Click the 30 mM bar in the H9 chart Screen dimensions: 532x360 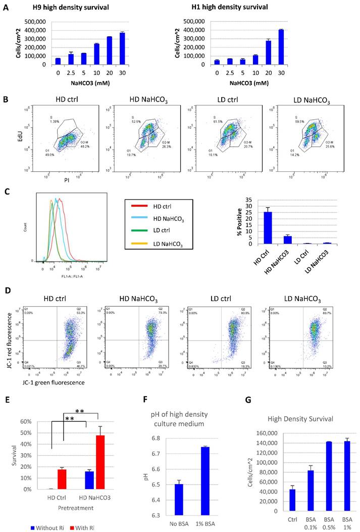pyautogui.click(x=135, y=49)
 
